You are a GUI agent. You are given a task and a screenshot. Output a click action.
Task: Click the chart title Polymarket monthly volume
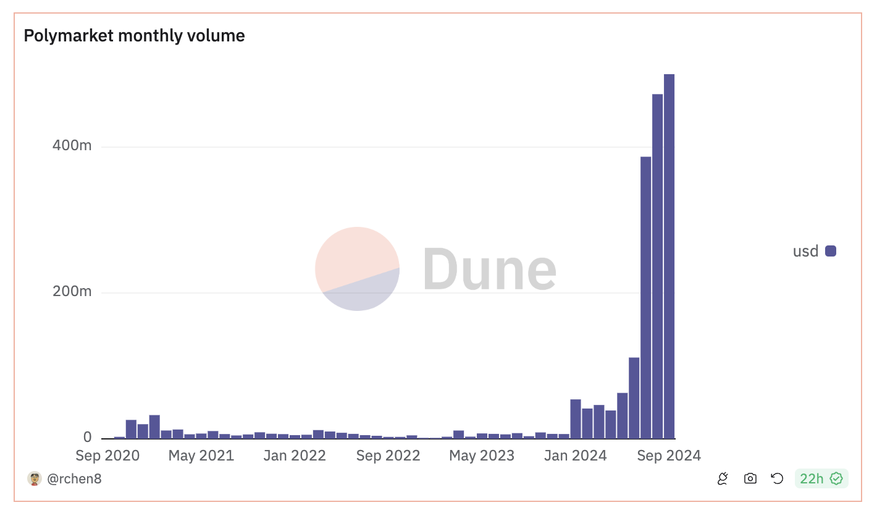tap(134, 36)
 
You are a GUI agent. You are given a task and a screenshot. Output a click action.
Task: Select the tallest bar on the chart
tap(669, 256)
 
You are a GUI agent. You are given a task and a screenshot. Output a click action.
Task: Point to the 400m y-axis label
tap(72, 146)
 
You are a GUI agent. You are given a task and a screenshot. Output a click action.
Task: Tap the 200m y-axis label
tap(72, 291)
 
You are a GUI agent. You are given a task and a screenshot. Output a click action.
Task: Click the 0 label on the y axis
tap(87, 437)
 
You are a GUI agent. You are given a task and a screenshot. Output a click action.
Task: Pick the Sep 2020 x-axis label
tap(107, 456)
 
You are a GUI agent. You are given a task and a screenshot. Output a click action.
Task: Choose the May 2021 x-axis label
tap(201, 456)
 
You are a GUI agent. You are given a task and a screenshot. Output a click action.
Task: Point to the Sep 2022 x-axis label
tap(388, 456)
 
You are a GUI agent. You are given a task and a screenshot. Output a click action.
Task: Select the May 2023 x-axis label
tap(482, 456)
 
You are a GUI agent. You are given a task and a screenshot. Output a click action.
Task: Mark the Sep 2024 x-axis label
tap(669, 456)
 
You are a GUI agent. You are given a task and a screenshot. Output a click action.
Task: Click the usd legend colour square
tap(831, 251)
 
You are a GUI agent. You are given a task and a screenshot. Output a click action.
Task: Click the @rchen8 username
tap(74, 478)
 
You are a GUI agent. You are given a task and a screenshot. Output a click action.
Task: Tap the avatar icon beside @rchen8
tap(35, 478)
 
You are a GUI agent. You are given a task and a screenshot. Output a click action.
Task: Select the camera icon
tap(750, 478)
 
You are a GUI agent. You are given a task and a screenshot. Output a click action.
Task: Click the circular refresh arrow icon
tap(777, 478)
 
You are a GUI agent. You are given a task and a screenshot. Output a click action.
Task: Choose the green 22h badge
tap(821, 478)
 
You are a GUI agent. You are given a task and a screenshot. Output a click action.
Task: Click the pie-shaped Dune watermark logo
tap(357, 268)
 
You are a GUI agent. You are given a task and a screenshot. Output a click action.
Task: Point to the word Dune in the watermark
tap(489, 268)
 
